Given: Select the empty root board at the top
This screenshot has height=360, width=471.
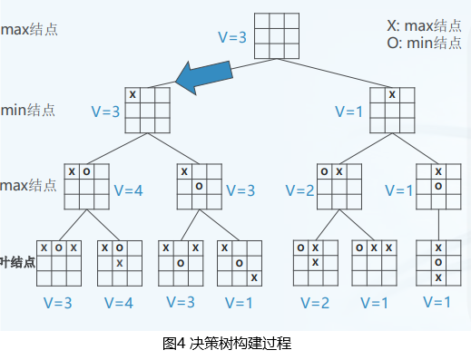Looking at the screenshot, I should click(277, 37).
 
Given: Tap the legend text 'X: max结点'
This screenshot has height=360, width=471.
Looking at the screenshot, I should click(423, 25).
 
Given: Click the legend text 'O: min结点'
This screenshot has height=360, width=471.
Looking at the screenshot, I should click(423, 42).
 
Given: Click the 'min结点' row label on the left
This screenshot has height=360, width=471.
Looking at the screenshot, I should click(28, 110).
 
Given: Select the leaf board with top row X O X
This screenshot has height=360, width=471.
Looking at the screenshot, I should click(56, 263).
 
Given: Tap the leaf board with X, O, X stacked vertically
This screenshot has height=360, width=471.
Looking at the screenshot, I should click(437, 263).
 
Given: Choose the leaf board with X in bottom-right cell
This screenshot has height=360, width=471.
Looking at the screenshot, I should click(240, 263).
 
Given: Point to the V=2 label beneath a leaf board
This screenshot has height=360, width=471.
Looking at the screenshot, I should click(315, 302).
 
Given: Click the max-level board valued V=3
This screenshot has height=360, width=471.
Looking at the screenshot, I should click(200, 186).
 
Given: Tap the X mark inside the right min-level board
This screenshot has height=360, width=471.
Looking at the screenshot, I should click(392, 94).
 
